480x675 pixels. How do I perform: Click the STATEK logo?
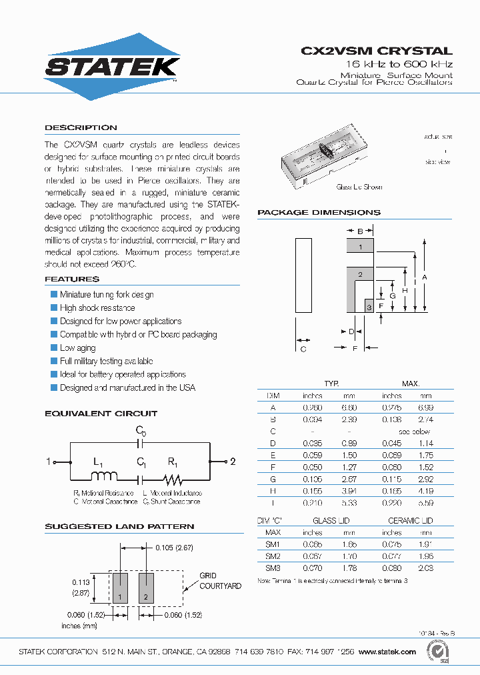pos(112,66)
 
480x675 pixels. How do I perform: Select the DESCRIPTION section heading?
pos(81,127)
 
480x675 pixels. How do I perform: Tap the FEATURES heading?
pos(72,279)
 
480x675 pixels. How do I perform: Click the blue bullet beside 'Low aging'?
pos(54,348)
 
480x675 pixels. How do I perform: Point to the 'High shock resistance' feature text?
pos(97,307)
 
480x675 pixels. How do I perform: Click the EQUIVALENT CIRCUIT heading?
pos(101,414)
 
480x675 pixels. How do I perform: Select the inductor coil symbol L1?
pos(103,476)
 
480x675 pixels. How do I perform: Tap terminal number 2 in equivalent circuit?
pos(233,462)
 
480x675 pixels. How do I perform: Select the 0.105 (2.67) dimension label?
pos(175,548)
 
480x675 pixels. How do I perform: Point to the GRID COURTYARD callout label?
pos(220,581)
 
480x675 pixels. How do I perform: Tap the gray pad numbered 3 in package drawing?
pos(368,306)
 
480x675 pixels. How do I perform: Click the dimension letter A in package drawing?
pos(425,277)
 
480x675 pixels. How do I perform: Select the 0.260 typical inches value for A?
pos(312,407)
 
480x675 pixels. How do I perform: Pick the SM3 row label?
pos(273,568)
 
